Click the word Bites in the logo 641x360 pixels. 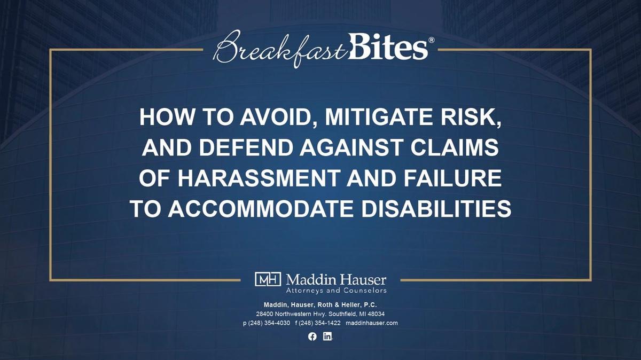coord(388,46)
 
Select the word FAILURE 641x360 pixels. coord(453,178)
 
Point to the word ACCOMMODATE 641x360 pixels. coord(261,209)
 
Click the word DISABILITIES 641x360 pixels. coord(436,209)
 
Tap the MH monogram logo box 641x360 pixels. coord(268,279)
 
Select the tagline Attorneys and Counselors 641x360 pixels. coord(336,291)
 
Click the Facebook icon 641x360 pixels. coord(312,336)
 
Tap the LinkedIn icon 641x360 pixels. coord(327,336)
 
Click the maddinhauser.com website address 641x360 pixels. coord(372,323)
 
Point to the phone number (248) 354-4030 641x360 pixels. coord(269,323)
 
